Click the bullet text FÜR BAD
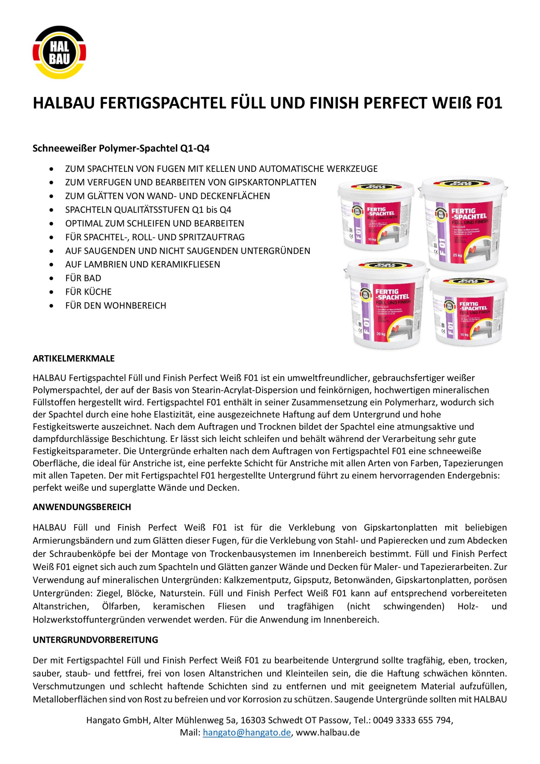click(x=83, y=278)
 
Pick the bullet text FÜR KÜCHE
click(x=88, y=292)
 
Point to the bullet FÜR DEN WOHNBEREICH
click(x=115, y=306)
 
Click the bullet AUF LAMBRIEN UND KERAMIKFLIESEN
click(x=143, y=264)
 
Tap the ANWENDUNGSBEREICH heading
click(x=82, y=507)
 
